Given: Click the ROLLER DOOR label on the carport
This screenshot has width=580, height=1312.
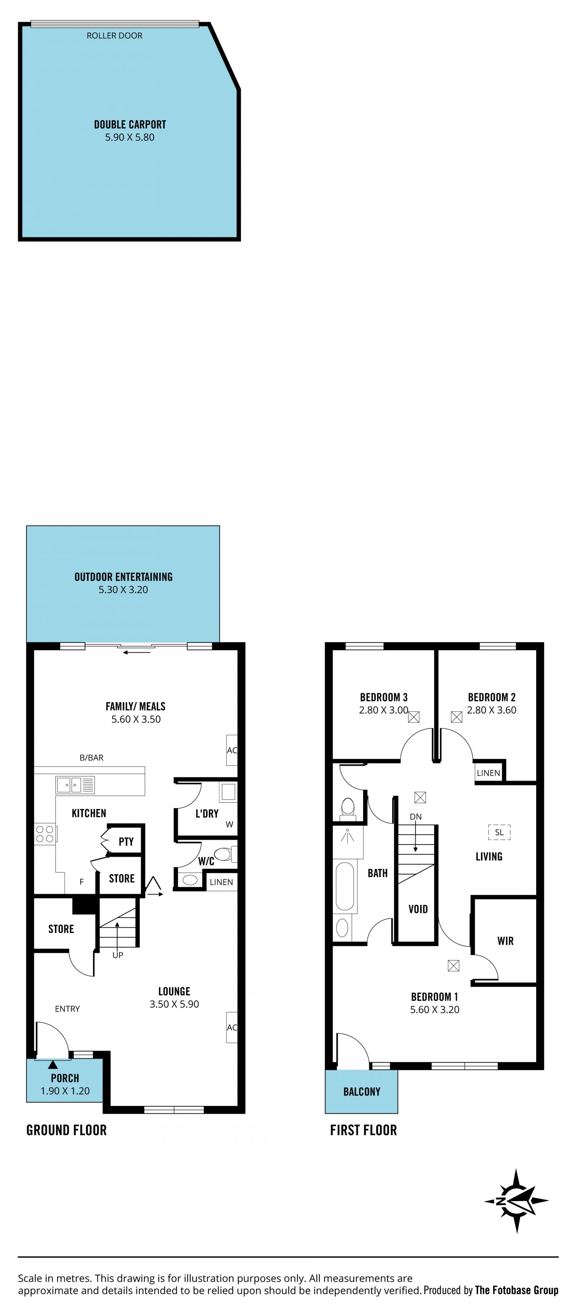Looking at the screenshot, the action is point(114,36).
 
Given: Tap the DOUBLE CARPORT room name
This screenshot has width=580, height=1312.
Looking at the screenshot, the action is point(130,124).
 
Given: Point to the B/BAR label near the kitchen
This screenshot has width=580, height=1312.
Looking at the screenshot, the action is point(92,757).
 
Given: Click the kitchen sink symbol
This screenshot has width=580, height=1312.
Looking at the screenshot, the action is point(75,785).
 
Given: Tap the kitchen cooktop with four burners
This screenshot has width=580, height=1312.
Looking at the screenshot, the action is point(45,834).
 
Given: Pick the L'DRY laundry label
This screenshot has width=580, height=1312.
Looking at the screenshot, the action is point(207,813).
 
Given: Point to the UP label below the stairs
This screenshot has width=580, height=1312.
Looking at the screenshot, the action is point(118,955).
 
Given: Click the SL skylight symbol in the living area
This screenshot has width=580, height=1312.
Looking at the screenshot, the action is point(499,832).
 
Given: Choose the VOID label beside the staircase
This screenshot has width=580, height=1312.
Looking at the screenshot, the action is point(418,909).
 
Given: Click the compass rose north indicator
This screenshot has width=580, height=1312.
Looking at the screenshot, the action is point(517,1200).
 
